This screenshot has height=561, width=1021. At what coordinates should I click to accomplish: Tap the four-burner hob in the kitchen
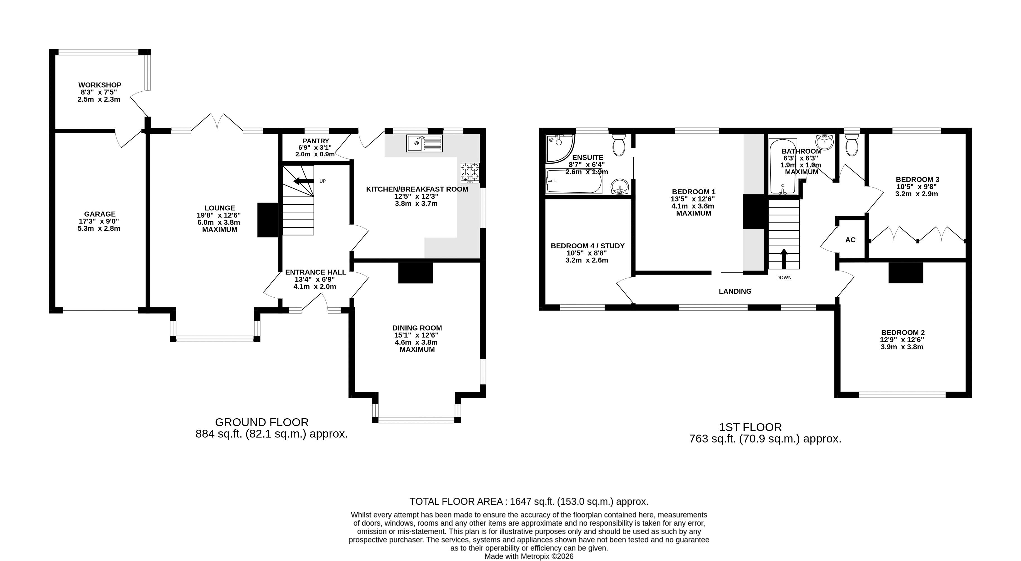coord(470,173)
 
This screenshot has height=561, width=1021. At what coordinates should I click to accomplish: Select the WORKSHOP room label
coord(100,85)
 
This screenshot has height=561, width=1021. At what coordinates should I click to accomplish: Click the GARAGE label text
coord(100,214)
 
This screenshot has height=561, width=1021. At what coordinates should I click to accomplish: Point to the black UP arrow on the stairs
coord(303,181)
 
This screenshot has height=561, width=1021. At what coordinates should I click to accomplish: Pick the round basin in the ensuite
coord(619,187)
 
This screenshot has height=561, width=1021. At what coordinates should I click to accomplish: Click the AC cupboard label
coord(850,240)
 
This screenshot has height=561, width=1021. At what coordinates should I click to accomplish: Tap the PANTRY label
coord(316,141)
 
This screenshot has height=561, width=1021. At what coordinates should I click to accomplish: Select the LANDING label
coord(735,291)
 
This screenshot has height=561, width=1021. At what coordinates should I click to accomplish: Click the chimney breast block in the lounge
coord(268,220)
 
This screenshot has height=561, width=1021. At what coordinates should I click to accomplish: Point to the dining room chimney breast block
coord(415,273)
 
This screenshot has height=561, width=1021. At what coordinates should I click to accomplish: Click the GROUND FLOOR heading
coord(262,422)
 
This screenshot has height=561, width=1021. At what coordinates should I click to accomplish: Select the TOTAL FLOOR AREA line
coord(529,502)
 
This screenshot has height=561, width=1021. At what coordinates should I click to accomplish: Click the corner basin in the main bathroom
coord(825,142)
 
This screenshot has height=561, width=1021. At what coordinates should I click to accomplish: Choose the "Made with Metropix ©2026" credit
coord(529,556)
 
